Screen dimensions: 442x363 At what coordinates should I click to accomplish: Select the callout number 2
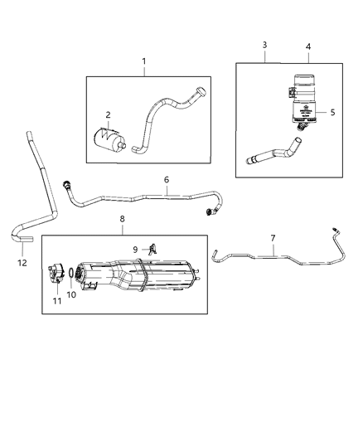pyautogui.click(x=108, y=115)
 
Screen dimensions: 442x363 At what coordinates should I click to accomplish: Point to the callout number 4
pyautogui.click(x=308, y=47)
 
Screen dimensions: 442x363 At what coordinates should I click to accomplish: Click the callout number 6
pyautogui.click(x=166, y=179)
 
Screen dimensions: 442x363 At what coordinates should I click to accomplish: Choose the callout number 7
pyautogui.click(x=273, y=239)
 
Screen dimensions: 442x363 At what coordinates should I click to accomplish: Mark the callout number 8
pyautogui.click(x=123, y=220)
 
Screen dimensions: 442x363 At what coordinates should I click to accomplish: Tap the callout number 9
pyautogui.click(x=136, y=249)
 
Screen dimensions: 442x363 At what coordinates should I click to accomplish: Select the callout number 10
pyautogui.click(x=70, y=294)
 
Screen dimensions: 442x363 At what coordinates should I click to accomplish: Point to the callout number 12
pyautogui.click(x=22, y=263)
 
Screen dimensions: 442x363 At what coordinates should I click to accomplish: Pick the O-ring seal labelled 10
pyautogui.click(x=72, y=275)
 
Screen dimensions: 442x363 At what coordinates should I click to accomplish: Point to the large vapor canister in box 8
pyautogui.click(x=141, y=275)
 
